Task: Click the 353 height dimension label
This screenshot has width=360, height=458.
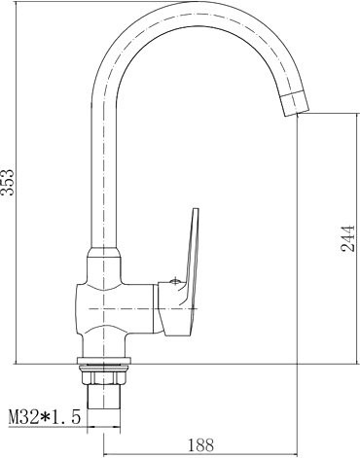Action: click(x=7, y=182)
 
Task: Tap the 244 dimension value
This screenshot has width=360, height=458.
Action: click(x=348, y=238)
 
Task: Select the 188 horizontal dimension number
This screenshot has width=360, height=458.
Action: click(x=201, y=445)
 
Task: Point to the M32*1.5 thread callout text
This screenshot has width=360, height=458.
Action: click(x=45, y=417)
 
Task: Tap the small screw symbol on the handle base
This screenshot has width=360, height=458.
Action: click(x=175, y=281)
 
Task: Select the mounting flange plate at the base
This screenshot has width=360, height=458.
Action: click(x=104, y=361)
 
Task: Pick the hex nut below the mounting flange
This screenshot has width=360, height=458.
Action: click(x=104, y=375)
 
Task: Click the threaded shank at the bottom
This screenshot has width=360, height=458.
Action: click(x=104, y=396)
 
